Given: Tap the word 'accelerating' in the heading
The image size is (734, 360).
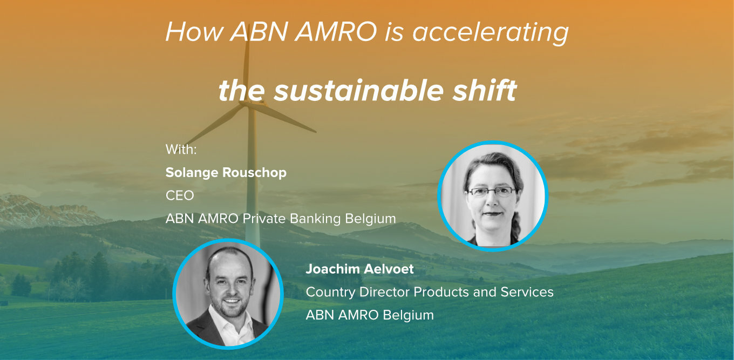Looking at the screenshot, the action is [491, 33].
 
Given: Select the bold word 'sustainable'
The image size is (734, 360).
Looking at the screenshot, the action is [358, 90].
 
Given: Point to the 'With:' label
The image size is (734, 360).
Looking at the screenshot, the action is [181, 150].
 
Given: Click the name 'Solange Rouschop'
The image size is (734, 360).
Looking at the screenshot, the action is [226, 173].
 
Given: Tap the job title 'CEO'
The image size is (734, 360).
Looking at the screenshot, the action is [180, 195].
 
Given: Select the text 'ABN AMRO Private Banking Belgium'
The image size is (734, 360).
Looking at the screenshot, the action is [281, 219].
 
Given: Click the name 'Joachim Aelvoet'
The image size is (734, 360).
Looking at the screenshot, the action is [360, 269].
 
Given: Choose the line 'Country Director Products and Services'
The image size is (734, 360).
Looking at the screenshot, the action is [430, 292].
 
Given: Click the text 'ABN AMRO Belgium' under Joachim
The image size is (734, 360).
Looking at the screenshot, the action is [370, 315].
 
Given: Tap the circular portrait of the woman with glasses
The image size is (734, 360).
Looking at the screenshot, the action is [493, 195].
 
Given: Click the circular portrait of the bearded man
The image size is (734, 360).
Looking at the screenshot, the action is [228, 294].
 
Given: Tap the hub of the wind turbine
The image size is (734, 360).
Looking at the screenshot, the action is [248, 104].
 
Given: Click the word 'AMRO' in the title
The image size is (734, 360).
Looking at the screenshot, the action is [336, 32].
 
